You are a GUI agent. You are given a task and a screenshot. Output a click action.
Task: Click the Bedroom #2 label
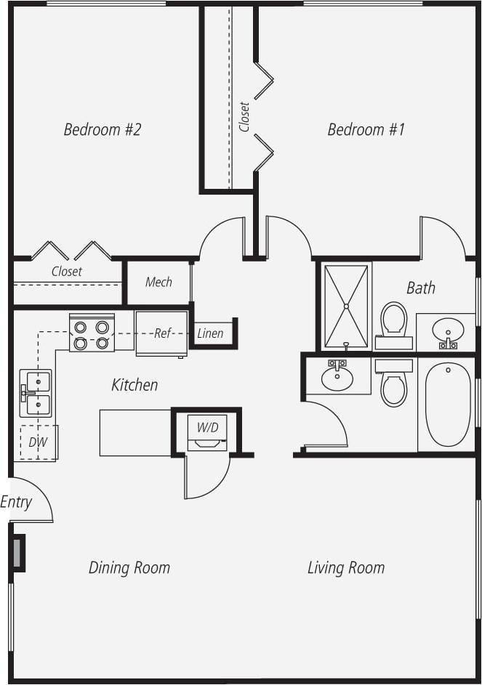102,130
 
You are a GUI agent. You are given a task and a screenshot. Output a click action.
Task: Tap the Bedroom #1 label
366,130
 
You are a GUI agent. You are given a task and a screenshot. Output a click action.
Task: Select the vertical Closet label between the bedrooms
245,116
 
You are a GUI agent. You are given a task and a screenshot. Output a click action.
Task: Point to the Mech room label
158,282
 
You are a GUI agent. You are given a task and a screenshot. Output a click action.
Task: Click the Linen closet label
210,334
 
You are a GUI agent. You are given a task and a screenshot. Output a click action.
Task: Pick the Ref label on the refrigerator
162,334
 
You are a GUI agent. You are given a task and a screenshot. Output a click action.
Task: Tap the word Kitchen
134,384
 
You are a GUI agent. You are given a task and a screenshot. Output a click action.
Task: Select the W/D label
207,427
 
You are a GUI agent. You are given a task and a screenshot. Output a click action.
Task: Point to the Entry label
16,502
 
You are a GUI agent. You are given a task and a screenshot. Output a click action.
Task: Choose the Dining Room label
129,567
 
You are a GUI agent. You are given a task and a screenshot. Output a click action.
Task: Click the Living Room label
346,567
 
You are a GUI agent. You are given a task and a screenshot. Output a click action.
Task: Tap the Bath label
421,288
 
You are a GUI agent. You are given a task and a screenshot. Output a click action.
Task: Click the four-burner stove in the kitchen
92,333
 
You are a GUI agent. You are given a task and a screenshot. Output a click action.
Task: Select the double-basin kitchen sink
36,392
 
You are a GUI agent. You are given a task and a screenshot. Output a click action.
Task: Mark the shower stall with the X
346,306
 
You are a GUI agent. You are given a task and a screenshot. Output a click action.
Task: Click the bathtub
447,404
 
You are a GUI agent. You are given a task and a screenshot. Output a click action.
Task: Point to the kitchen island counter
135,432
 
